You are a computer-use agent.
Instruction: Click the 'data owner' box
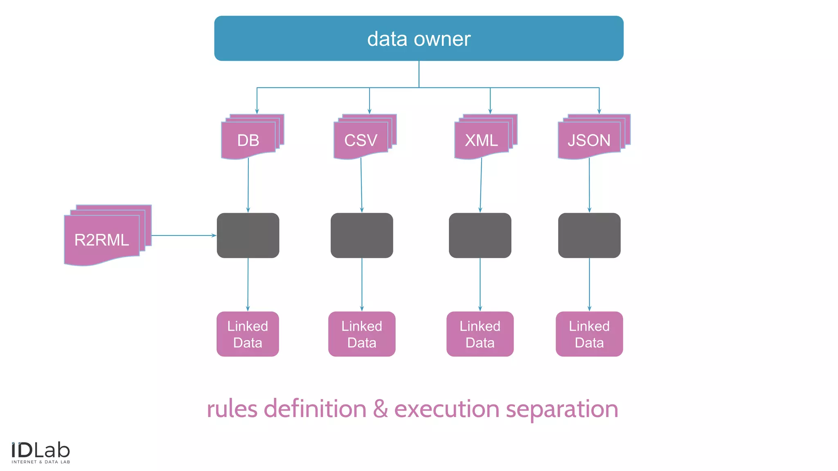419,38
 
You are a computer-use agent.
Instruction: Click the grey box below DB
248,235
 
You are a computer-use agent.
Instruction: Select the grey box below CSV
362,235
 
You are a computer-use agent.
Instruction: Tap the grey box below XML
480,235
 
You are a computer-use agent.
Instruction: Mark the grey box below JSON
589,235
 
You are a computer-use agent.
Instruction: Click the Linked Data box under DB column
248,334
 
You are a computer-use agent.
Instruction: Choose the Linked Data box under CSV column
362,334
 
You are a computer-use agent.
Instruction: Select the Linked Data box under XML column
480,334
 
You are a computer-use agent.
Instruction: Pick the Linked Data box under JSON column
589,334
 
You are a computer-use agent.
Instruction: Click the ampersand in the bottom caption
380,409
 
